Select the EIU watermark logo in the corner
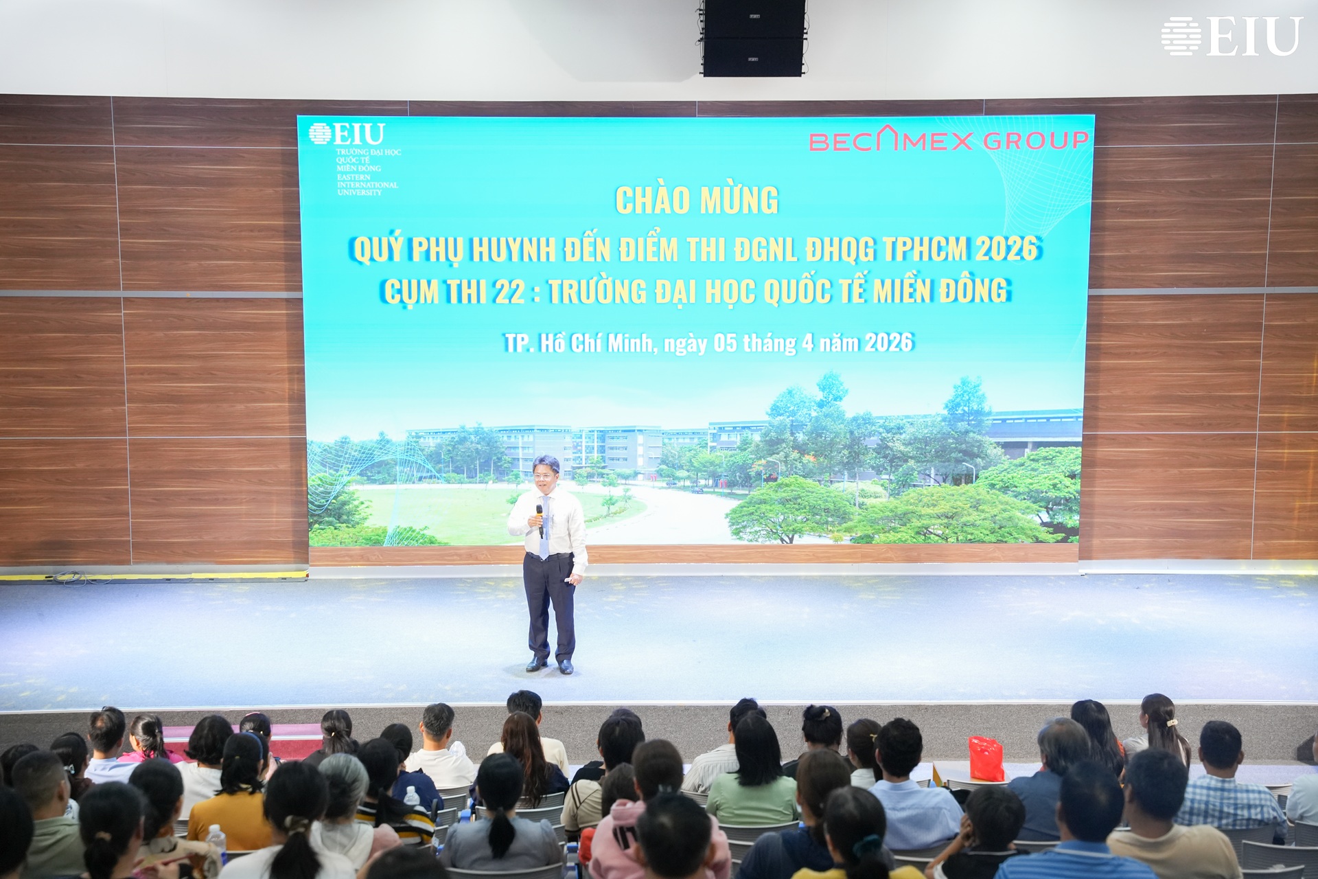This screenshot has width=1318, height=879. [x=1232, y=36]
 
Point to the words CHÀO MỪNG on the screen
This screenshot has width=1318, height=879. [x=697, y=200]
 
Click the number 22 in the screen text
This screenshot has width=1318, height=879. [x=509, y=292]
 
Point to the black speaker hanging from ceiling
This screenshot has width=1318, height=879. [x=753, y=38]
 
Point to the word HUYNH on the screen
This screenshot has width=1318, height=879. [x=513, y=251]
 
